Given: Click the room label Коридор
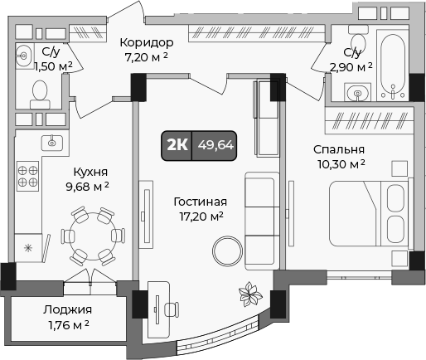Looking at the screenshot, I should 146,42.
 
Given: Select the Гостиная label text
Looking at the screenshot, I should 200,202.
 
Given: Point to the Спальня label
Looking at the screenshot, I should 339,149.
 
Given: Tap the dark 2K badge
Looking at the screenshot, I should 177,144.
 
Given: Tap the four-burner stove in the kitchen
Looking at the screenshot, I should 28,177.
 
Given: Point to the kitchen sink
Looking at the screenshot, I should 51,143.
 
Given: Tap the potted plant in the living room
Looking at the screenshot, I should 248,292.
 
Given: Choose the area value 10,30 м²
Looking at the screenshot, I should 339,165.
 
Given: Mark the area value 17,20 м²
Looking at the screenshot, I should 200,217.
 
